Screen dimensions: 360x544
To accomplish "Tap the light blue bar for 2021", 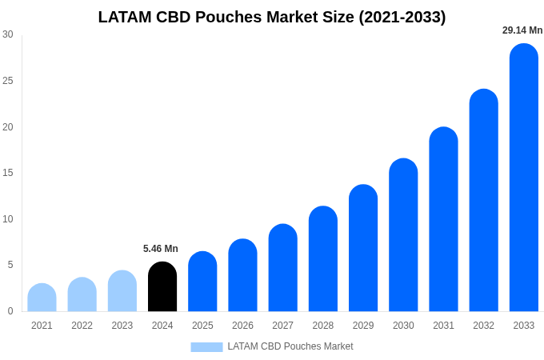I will pyautogui.click(x=42, y=298).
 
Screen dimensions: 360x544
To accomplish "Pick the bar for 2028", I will pyautogui.click(x=323, y=259).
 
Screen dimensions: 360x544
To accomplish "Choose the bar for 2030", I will pyautogui.click(x=403, y=235).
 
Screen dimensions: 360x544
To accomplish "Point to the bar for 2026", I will pyautogui.click(x=242, y=275).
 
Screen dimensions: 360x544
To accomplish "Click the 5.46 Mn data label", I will pyautogui.click(x=161, y=249).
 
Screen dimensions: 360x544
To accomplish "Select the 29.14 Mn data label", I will pyautogui.click(x=522, y=30).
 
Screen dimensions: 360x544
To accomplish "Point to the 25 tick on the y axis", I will pyautogui.click(x=8, y=81).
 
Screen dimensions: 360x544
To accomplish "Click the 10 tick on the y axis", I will pyautogui.click(x=8, y=219).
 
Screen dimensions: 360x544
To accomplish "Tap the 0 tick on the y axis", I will pyautogui.click(x=10, y=311).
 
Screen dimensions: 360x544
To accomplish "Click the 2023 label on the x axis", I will pyautogui.click(x=122, y=326).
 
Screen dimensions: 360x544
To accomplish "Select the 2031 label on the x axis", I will pyautogui.click(x=443, y=326).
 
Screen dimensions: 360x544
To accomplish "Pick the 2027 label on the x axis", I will pyautogui.click(x=282, y=326).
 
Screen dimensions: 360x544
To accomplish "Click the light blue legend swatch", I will pyautogui.click(x=206, y=347).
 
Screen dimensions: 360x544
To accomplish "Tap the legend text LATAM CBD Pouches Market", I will pyautogui.click(x=290, y=346).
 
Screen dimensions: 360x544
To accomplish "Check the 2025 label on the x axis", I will pyautogui.click(x=202, y=326).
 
